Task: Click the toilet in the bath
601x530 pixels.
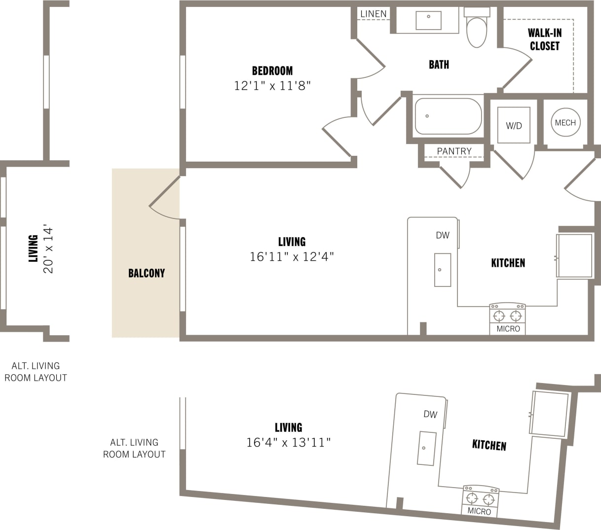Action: click(x=477, y=29)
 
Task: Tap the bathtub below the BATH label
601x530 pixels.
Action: click(x=448, y=116)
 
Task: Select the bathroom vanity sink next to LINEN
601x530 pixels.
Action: click(x=428, y=20)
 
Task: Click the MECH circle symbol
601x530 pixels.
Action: click(x=565, y=123)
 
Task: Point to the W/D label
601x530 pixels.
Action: click(x=514, y=126)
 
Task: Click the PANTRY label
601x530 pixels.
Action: click(x=454, y=151)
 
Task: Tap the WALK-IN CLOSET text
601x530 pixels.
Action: click(x=544, y=39)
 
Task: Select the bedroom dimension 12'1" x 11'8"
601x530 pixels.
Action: click(x=272, y=86)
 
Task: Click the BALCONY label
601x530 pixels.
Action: click(x=146, y=273)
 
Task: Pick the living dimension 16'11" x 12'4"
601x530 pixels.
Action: click(x=292, y=257)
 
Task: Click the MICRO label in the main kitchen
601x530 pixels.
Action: click(x=508, y=329)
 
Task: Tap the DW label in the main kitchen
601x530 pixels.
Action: click(x=443, y=235)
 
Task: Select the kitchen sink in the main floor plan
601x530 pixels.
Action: click(x=442, y=270)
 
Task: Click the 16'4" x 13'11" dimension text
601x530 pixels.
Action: click(x=288, y=443)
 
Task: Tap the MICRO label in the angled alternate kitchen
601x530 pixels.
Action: click(x=479, y=511)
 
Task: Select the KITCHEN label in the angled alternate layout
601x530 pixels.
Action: click(x=489, y=445)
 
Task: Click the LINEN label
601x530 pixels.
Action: click(x=373, y=14)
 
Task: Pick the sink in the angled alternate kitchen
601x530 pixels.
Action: click(x=426, y=448)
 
